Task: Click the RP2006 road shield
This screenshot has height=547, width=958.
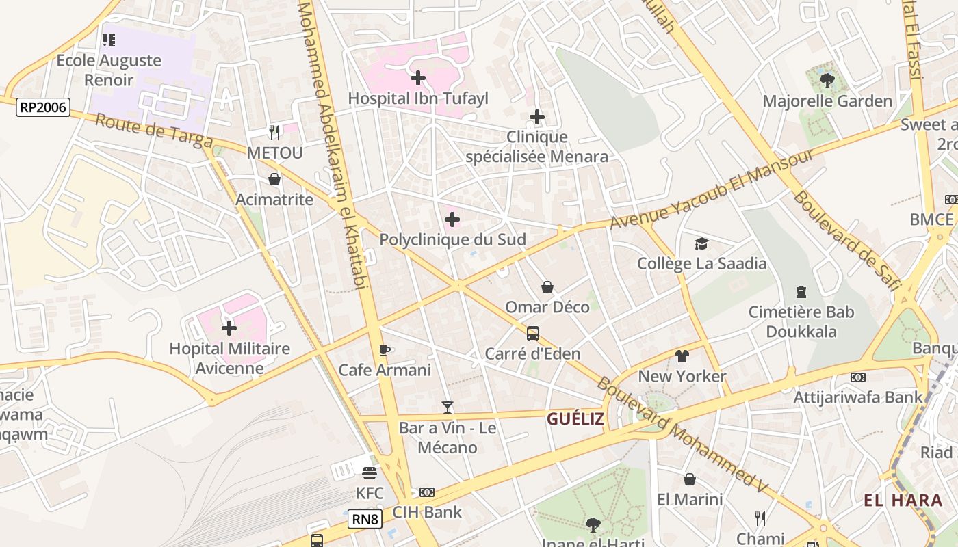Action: [43, 107]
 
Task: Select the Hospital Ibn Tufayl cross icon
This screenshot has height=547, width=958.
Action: [418, 78]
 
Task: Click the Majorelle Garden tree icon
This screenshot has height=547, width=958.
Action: [827, 81]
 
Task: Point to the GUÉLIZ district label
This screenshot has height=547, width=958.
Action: [575, 418]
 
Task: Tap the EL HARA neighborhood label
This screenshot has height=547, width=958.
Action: [903, 500]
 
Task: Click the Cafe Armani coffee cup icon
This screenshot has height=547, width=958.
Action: [385, 350]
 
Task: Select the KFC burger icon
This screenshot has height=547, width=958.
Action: [370, 473]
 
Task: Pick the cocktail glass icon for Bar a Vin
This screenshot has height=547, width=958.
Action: [448, 408]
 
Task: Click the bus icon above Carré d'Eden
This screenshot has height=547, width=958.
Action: [533, 334]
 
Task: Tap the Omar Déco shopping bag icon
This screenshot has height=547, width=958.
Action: [547, 287]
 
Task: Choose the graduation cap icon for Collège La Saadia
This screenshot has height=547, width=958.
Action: [701, 243]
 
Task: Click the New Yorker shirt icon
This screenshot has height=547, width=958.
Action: [682, 356]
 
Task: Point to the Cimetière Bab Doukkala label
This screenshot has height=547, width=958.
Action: [801, 321]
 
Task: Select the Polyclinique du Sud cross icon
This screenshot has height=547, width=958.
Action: [452, 219]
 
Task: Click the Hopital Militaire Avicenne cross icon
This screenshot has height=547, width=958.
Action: [229, 328]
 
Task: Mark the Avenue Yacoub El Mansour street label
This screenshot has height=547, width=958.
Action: [712, 189]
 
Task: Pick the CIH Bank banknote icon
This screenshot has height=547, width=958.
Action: [427, 492]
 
